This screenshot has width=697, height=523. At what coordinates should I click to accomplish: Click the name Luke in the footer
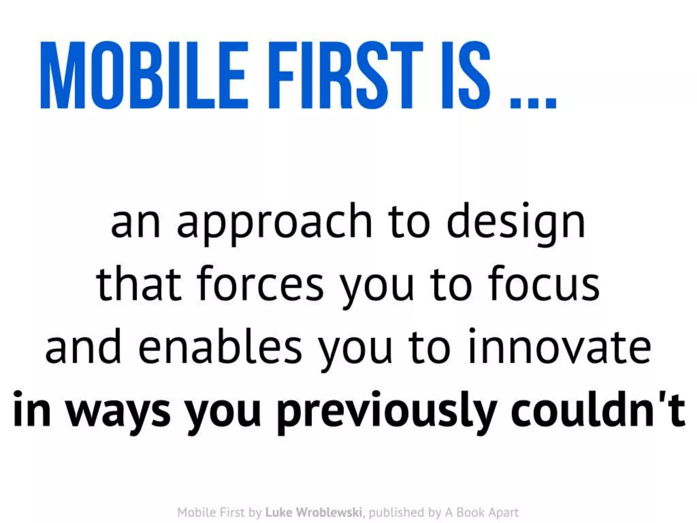pos(279,512)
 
